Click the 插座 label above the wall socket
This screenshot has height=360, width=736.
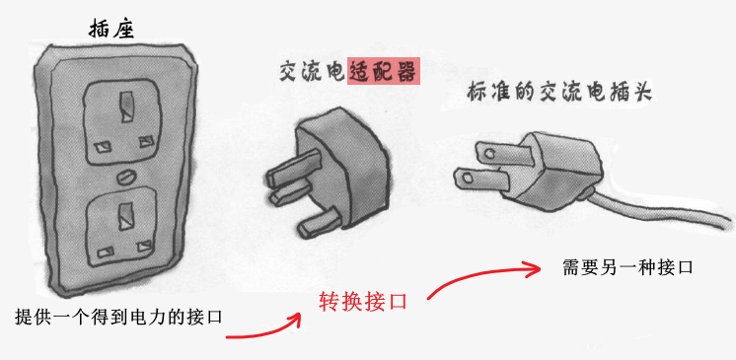point(111,30)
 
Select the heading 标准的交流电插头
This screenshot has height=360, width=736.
point(559,92)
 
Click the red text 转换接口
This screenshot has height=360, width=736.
point(362,302)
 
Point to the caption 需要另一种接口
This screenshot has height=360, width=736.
point(627,267)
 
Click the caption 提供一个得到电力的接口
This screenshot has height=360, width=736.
point(118,317)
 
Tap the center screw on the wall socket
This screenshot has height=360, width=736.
point(125,178)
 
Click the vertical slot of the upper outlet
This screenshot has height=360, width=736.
point(126,107)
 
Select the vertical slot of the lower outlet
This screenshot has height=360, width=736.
point(126,216)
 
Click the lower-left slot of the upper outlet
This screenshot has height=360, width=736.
point(102,147)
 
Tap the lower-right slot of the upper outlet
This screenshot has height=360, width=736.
point(146,141)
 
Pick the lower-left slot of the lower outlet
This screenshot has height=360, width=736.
point(106,252)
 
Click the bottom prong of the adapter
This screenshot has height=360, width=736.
point(320,224)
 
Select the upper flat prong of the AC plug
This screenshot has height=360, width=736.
point(502,152)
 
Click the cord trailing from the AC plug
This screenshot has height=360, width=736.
point(657,209)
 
